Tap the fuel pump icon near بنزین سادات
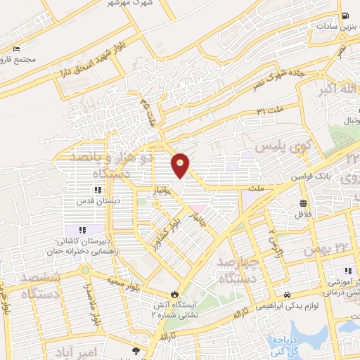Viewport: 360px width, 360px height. pyautogui.click(x=345, y=16)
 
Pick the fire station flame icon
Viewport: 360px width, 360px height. pyautogui.click(x=175, y=295)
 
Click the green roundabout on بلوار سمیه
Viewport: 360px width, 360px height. pyautogui.click(x=85, y=270)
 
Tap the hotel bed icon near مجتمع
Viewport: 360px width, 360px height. pyautogui.click(x=16, y=50)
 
